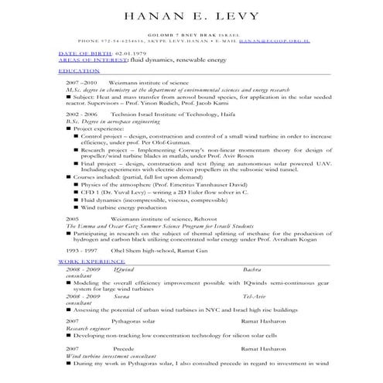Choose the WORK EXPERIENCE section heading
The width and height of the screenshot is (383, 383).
pyautogui.click(x=90, y=263)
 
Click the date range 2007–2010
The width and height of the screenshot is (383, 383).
pyautogui.click(x=81, y=81)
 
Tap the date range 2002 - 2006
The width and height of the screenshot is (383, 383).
pyautogui.click(x=82, y=113)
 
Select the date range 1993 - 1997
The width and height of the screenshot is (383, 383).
pyautogui.click(x=81, y=251)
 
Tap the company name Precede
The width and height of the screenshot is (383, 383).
pyautogui.click(x=124, y=349)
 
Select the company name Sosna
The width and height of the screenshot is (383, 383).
pyautogui.click(x=121, y=296)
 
